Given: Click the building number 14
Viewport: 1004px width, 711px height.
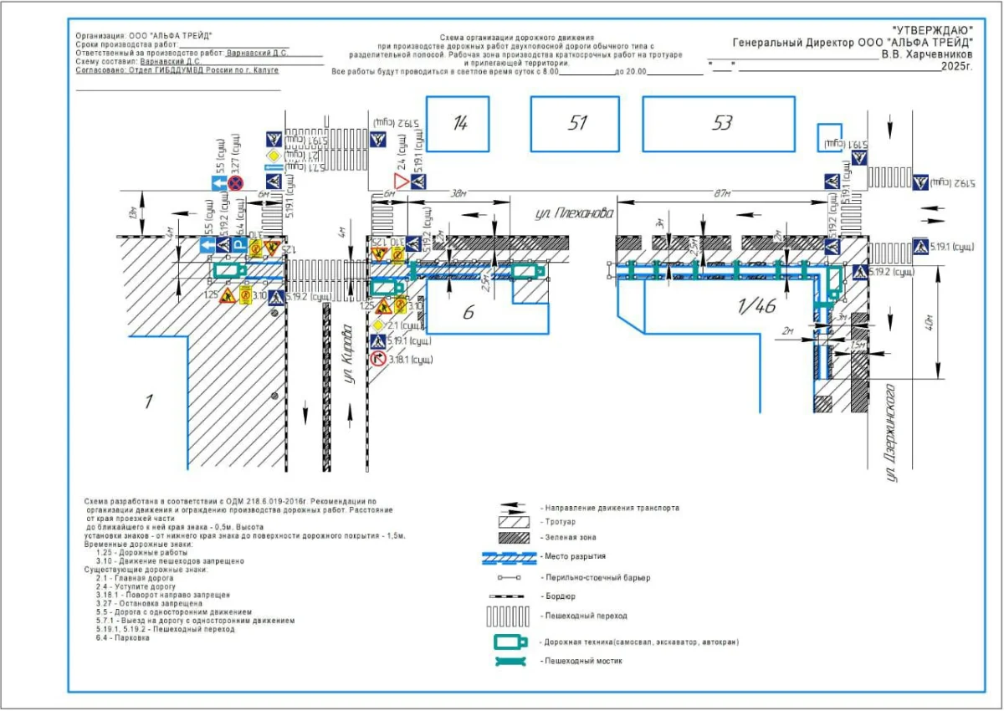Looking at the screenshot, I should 459,124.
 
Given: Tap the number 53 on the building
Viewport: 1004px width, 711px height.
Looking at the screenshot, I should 721,124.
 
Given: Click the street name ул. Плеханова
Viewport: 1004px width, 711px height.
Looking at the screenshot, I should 575,214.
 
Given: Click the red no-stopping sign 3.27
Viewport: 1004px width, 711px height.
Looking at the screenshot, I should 236,182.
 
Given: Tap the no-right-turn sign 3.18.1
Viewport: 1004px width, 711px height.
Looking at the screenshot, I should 378,359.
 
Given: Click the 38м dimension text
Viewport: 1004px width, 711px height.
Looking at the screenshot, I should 457,192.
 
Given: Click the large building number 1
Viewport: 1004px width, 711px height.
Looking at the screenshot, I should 148,402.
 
